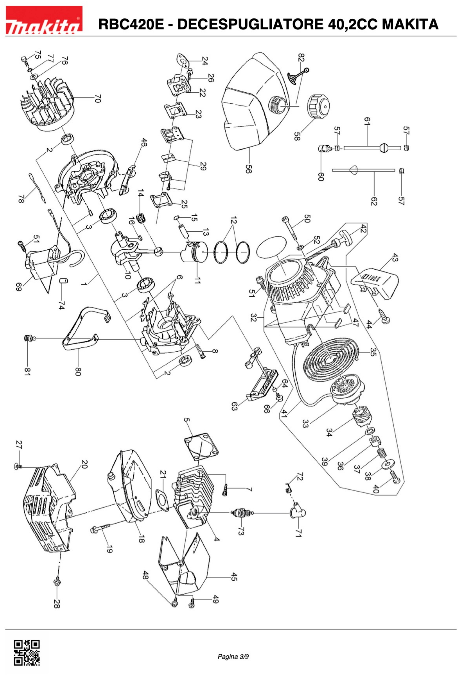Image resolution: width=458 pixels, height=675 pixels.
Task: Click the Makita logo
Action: click(x=44, y=20)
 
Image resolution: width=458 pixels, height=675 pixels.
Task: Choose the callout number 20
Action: click(x=84, y=464)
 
